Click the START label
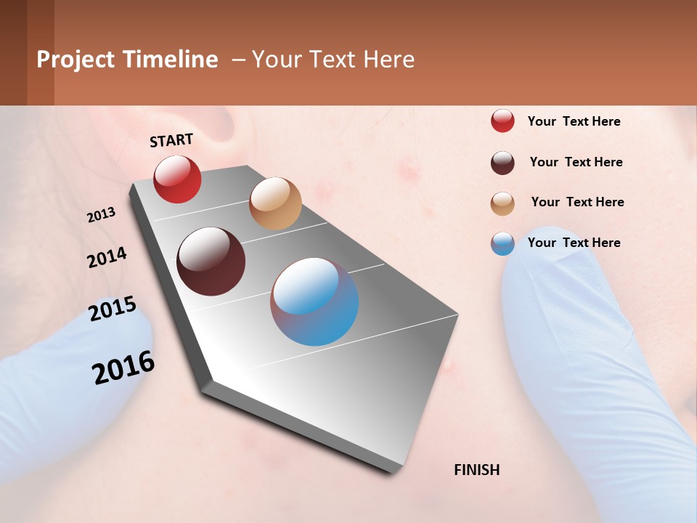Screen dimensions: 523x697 tap(171, 140)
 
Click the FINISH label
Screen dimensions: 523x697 tap(477, 470)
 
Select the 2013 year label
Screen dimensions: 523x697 tap(102, 215)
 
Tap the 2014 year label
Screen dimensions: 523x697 tap(107, 258)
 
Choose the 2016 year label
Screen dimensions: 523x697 tap(123, 368)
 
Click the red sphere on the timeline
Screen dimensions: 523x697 tap(177, 179)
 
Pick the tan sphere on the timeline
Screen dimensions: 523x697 tap(275, 203)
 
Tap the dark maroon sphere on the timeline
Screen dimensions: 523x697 tap(211, 261)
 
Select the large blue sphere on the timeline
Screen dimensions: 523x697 tap(314, 301)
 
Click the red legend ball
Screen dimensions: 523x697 tap(502, 121)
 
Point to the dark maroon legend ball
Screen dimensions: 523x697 tap(502, 163)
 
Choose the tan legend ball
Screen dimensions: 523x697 tap(502, 203)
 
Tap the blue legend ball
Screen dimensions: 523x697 tap(502, 243)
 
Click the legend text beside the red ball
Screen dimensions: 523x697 tap(574, 122)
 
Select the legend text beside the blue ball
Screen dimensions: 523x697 tap(574, 243)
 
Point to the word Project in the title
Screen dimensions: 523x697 tap(76, 60)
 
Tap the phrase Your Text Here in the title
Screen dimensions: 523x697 tap(333, 60)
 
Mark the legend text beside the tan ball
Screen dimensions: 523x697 tap(578, 202)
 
